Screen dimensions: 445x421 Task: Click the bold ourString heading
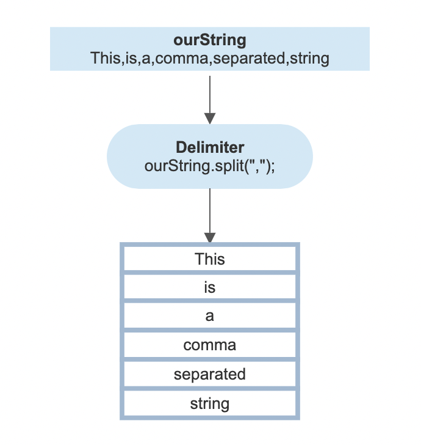pos(210,41)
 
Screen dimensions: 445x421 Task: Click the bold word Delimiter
pos(210,148)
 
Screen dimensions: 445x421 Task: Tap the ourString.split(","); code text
pos(210,165)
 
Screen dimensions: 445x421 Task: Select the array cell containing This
pos(210,259)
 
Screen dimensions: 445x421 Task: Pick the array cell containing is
pos(210,287)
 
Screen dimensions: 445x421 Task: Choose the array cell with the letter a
pos(210,316)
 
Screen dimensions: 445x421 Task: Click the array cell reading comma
pos(210,345)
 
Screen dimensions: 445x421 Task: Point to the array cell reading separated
pos(210,374)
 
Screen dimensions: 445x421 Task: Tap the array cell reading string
pos(210,403)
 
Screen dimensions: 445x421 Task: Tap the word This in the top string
pos(104,59)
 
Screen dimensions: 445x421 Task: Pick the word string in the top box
pos(309,59)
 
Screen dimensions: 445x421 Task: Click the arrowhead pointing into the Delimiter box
pos(210,117)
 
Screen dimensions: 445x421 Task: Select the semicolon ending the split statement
pos(272,166)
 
